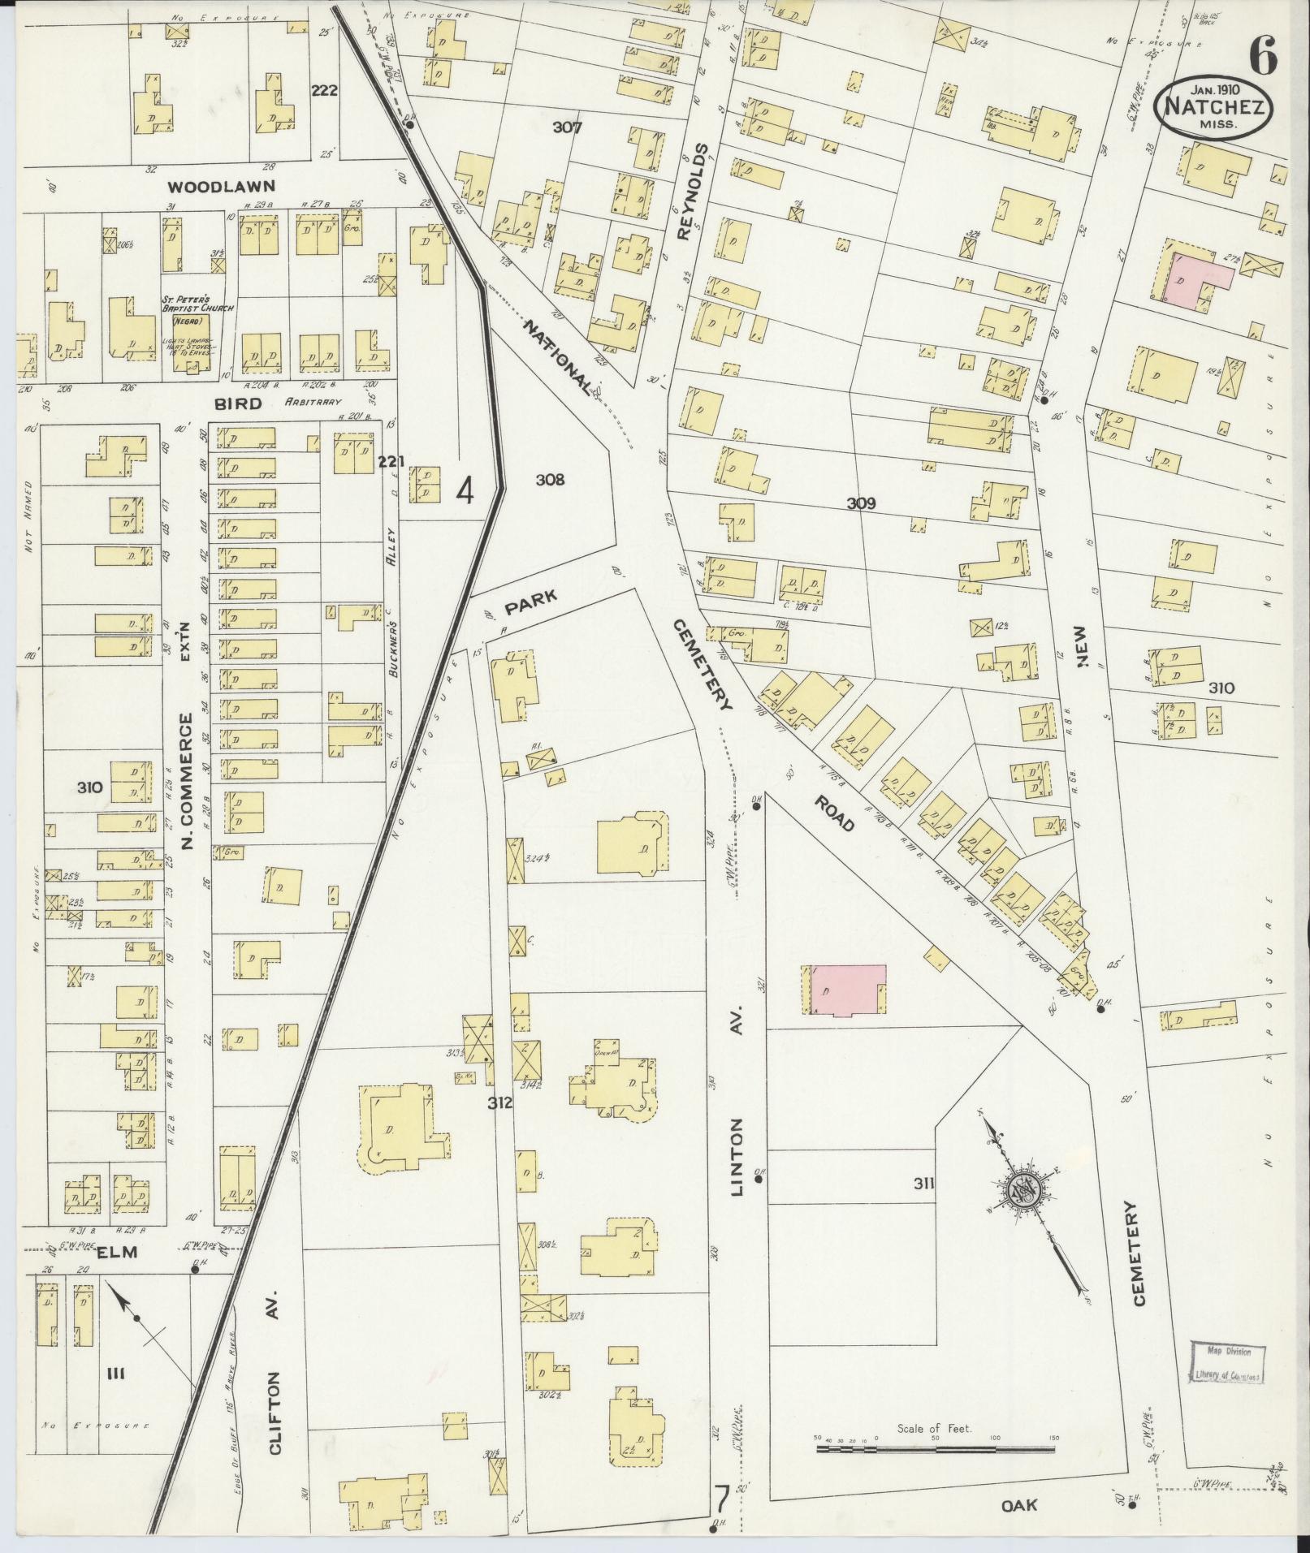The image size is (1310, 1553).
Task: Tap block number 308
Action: tap(550, 481)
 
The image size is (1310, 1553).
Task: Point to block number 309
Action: tap(861, 503)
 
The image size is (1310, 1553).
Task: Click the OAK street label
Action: tap(1019, 1504)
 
